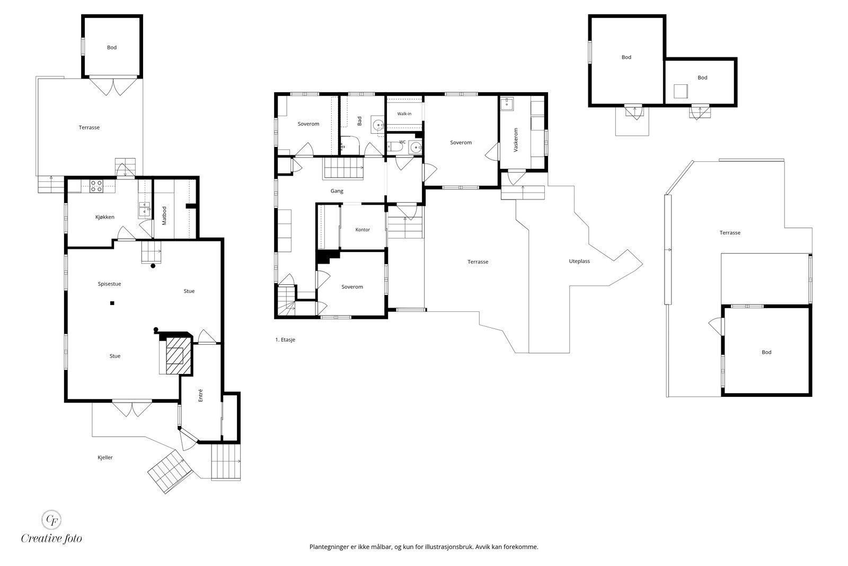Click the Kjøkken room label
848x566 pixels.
click(x=104, y=217)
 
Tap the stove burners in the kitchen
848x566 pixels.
click(x=96, y=186)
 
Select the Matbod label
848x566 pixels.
click(x=164, y=215)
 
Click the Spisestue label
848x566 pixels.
click(x=109, y=284)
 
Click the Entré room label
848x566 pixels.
click(x=201, y=395)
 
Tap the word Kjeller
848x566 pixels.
click(x=105, y=457)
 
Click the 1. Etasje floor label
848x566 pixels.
click(x=285, y=339)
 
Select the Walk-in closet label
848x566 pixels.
click(x=404, y=114)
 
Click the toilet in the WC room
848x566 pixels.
click(x=394, y=146)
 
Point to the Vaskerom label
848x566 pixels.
click(x=515, y=140)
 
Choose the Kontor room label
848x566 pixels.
click(x=363, y=230)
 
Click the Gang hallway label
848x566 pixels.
click(x=337, y=191)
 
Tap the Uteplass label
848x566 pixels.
click(x=579, y=261)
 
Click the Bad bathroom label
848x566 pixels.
click(x=359, y=121)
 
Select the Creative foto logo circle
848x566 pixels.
click(x=51, y=520)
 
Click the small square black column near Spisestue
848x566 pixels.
click(x=112, y=303)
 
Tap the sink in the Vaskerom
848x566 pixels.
click(x=507, y=103)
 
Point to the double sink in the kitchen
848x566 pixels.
click(x=144, y=210)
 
